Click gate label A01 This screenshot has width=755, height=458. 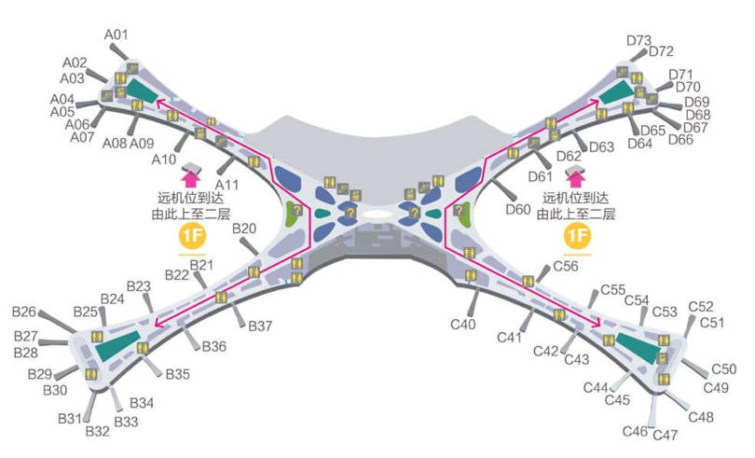pos(116,35)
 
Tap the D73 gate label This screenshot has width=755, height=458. pos(638,41)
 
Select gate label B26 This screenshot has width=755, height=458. pos(24,312)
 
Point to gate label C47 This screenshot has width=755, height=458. pos(666,436)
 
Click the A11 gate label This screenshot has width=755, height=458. pos(226,185)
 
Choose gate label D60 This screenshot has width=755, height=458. pos(518,209)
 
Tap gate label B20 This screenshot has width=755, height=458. pos(244,229)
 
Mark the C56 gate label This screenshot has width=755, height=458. pos(566,266)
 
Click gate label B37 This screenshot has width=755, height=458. pos(260,326)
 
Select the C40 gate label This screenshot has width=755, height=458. pos(463,325)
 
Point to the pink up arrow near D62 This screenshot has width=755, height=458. pos(576,174)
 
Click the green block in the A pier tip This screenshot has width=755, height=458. pos(143,90)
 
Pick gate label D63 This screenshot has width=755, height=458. pos(601,147)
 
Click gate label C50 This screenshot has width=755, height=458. pos(723,369)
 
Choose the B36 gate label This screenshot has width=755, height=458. pos(214,346)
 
